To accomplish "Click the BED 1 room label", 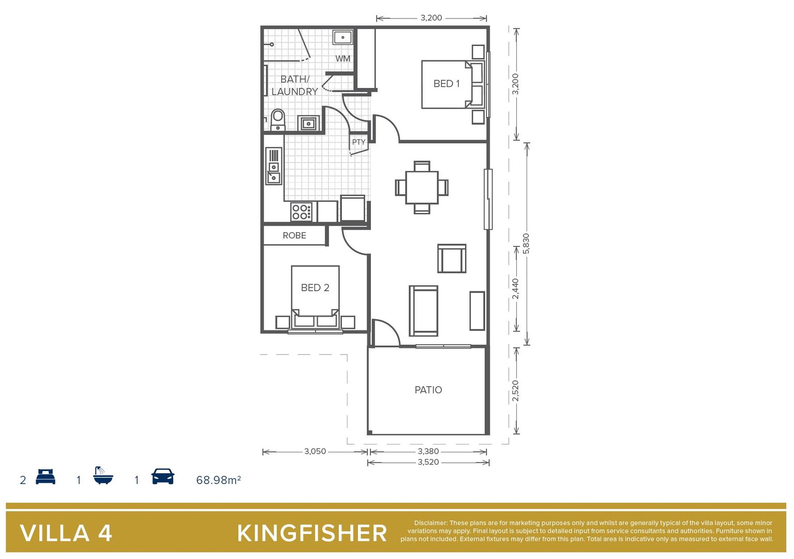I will tap(446, 84).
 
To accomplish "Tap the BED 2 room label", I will tap(315, 288).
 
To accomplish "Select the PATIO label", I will tap(428, 390).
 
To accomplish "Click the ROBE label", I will tap(294, 236).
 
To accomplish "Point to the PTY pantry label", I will tap(358, 142).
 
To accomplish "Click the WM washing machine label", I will tap(342, 58).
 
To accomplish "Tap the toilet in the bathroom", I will tap(278, 120).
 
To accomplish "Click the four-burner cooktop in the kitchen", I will tap(301, 212).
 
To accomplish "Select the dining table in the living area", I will tap(422, 187).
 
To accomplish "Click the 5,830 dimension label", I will tap(526, 244).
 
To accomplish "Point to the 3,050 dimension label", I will tap(315, 451).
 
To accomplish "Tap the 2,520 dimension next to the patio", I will tap(516, 391).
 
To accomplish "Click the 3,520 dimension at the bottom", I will tap(428, 462).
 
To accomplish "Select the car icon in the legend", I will tap(162, 477).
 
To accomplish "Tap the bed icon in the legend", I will tap(46, 477).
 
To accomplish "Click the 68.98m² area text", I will tap(218, 480).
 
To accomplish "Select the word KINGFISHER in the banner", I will tap(312, 534).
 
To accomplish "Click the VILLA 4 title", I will tap(66, 534).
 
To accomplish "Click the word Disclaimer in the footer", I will tap(430, 523).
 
